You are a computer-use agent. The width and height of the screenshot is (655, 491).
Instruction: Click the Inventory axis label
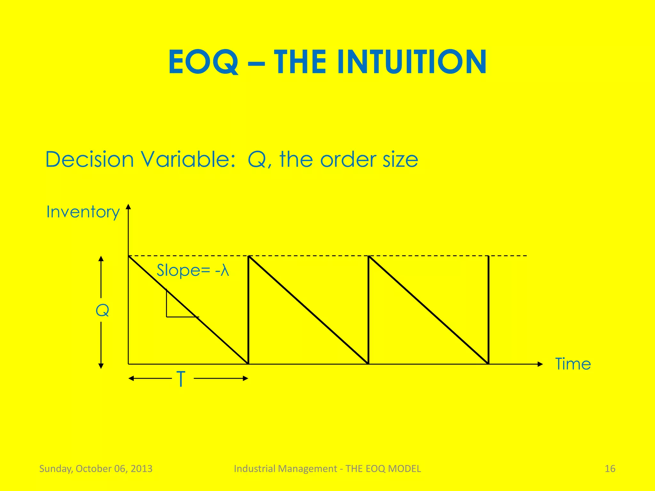point(83,212)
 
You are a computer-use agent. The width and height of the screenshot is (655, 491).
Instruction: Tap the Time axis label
point(573,364)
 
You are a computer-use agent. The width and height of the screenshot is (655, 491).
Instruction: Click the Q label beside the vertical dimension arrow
point(102,310)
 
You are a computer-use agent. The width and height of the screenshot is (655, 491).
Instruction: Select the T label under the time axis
point(181,379)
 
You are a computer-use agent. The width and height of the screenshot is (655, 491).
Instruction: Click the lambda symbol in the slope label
point(225,271)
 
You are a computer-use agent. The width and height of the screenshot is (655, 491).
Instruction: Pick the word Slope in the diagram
point(178,271)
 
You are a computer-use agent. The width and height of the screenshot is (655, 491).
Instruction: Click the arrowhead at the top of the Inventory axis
point(128,207)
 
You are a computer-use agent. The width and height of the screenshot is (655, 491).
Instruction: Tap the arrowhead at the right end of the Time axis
point(540,364)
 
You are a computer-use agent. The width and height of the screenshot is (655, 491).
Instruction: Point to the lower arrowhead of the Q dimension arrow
point(101,366)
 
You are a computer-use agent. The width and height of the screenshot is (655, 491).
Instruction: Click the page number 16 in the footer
point(610,469)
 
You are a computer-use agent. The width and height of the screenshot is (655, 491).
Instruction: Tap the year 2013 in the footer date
point(142,469)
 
